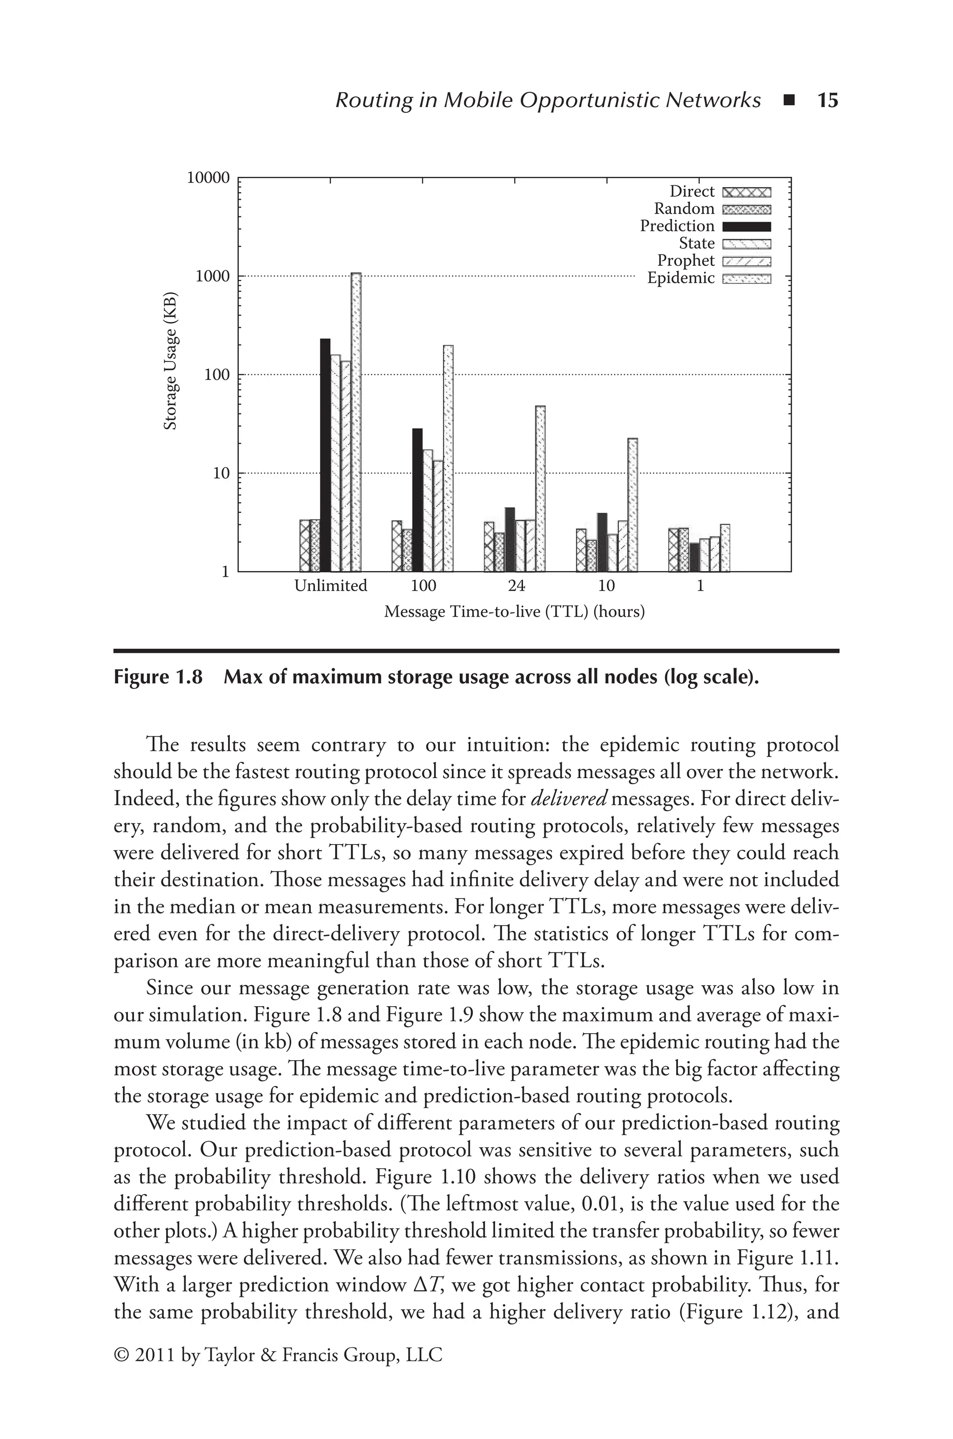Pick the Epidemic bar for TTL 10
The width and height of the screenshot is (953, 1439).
tap(632, 504)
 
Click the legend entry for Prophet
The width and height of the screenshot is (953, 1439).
tap(685, 261)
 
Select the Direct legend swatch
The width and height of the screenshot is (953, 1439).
tap(746, 193)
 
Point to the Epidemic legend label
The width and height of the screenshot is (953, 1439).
tap(680, 278)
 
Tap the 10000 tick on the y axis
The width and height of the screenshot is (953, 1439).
tap(208, 178)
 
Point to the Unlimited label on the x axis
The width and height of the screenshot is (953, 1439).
tap(331, 586)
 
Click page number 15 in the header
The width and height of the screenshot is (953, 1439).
tap(827, 100)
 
